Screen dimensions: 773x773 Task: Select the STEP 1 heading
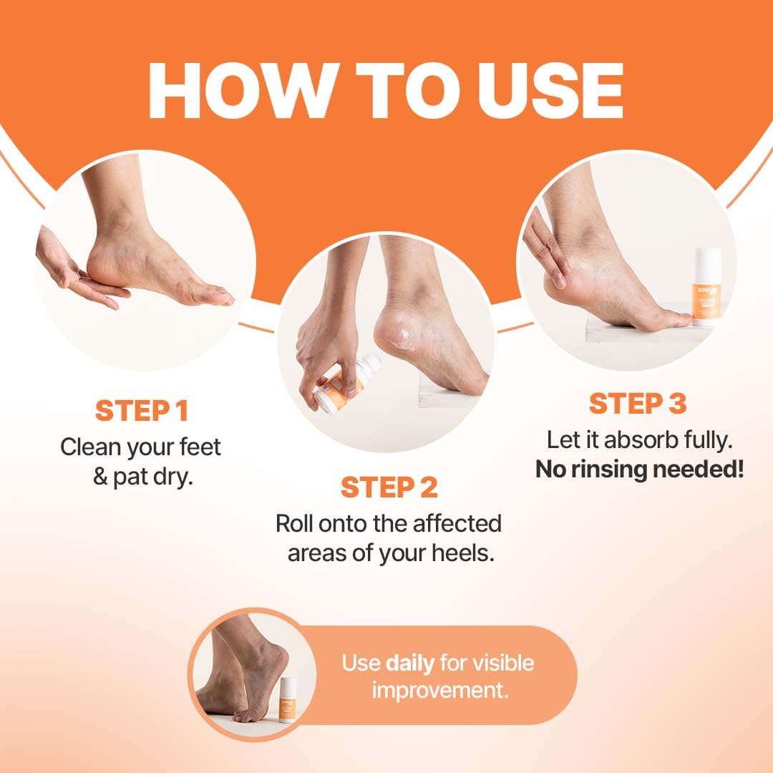(x=142, y=412)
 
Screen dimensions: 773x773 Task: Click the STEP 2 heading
(x=389, y=487)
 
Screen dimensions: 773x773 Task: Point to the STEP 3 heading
(x=637, y=404)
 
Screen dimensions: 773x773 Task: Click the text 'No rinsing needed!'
(x=639, y=470)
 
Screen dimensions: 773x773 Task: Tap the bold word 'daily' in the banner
(x=409, y=663)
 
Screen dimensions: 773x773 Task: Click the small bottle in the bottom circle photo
(x=288, y=699)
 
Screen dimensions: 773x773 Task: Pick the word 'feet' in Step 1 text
(x=198, y=447)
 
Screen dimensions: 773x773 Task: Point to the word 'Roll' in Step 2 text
(x=294, y=523)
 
